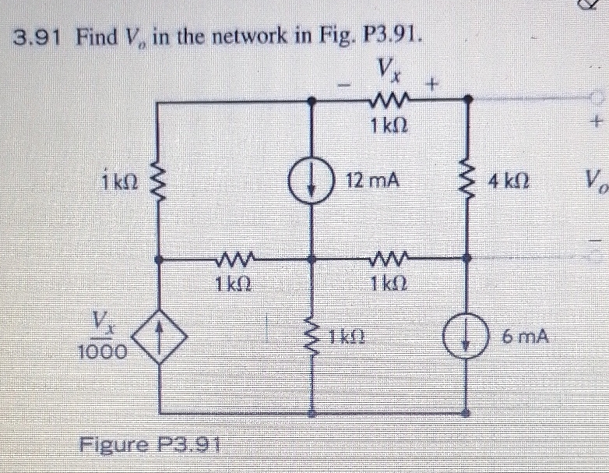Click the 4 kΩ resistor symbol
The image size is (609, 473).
coord(468,182)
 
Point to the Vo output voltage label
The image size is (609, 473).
coord(595,188)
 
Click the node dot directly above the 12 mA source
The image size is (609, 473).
coord(312,100)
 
